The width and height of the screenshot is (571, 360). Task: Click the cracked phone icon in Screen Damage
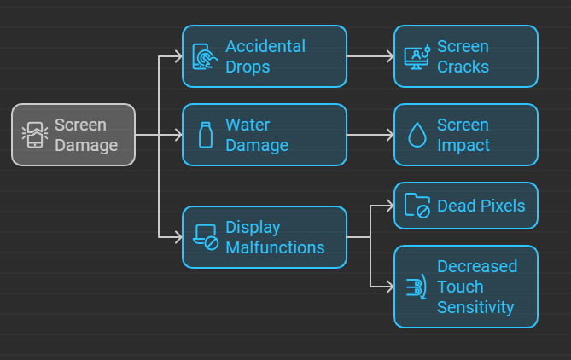[34, 135]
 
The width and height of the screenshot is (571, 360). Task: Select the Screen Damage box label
[86, 135]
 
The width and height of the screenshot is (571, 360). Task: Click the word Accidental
[265, 46]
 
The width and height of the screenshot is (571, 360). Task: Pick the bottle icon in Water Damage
[205, 135]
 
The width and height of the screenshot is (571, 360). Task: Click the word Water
[248, 125]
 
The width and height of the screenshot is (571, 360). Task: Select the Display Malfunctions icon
[206, 237]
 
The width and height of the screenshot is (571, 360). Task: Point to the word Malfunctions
[275, 247]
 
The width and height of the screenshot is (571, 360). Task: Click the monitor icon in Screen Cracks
[417, 56]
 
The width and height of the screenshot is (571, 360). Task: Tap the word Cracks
[463, 67]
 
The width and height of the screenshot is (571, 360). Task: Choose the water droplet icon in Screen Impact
[417, 135]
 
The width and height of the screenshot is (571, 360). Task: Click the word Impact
[463, 145]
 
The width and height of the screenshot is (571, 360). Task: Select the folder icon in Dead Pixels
[417, 206]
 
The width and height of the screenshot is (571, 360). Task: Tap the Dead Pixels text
[481, 206]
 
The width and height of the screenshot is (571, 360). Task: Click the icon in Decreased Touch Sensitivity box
[417, 287]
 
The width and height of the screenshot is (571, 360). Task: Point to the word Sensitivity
[475, 307]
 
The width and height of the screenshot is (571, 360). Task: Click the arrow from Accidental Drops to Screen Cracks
[370, 56]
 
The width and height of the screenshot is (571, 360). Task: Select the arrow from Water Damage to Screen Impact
[370, 135]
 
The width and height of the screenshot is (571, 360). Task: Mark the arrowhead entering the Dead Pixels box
[388, 206]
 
